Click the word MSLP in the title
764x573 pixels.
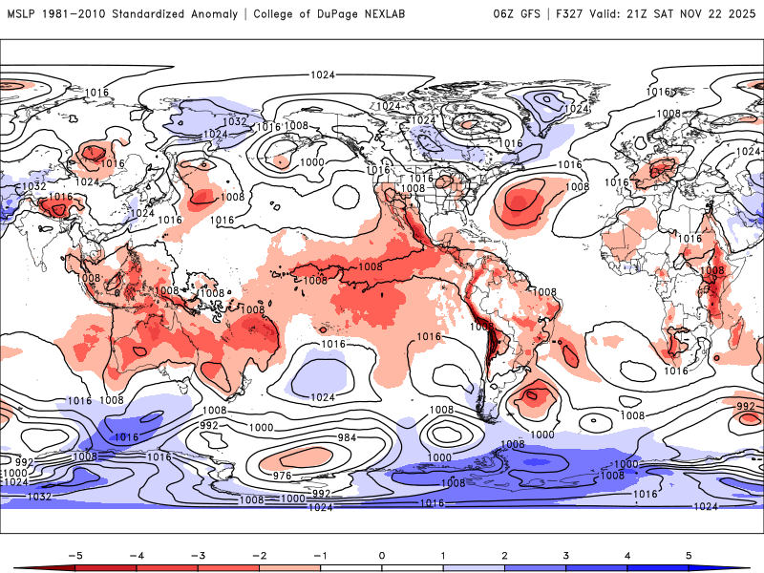(x=22, y=13)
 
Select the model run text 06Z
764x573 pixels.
(x=504, y=13)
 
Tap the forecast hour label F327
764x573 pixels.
(x=572, y=13)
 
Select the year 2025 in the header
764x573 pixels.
(x=741, y=13)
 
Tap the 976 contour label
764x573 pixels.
(x=283, y=475)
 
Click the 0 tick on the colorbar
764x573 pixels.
(x=382, y=554)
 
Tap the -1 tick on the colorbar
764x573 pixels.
(x=320, y=554)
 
